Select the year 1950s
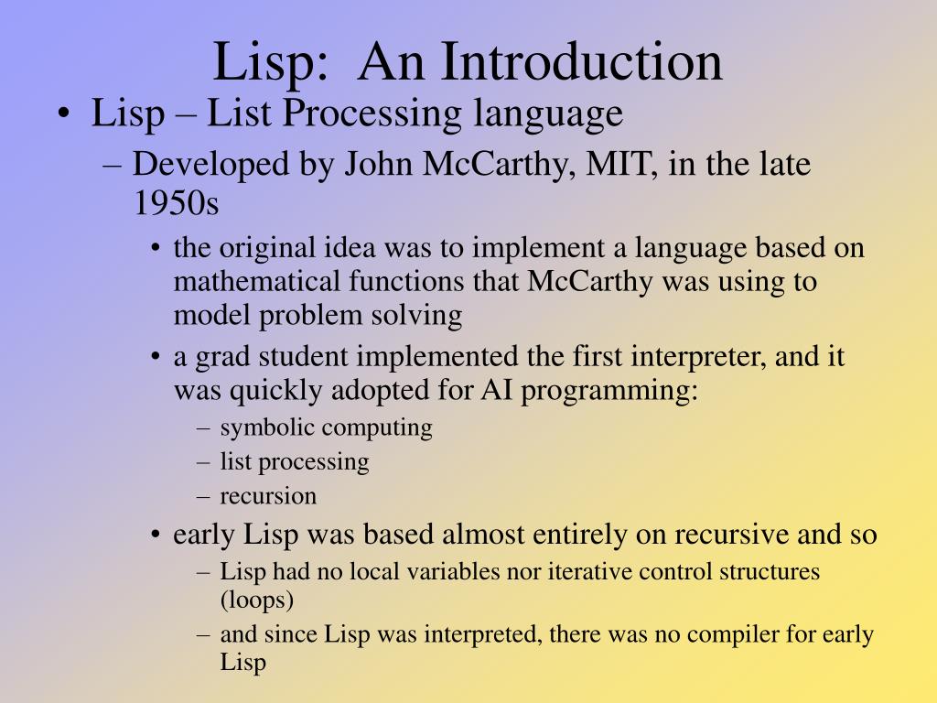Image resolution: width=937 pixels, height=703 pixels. point(176,203)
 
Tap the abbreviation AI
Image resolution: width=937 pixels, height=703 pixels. point(497,391)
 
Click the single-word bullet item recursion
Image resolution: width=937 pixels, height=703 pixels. point(268,496)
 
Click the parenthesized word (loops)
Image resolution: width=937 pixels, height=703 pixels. point(257,600)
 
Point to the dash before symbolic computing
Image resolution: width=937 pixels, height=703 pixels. point(202,427)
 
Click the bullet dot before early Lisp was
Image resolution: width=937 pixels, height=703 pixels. point(158,535)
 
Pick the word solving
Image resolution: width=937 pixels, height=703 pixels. point(422,316)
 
